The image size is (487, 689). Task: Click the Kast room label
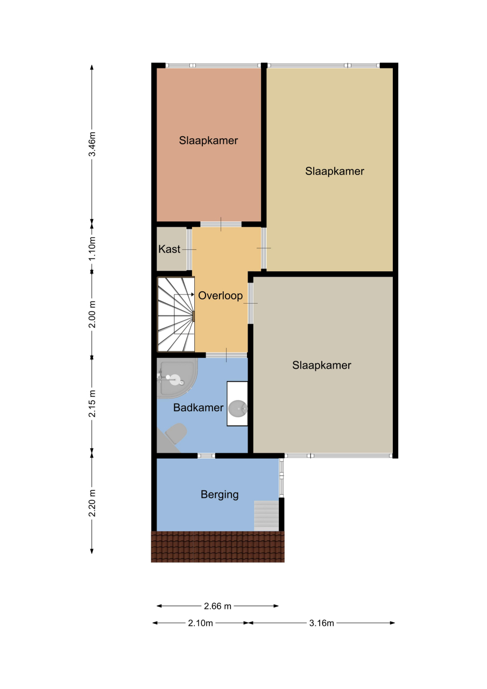(169, 249)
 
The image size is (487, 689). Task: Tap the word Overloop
(220, 296)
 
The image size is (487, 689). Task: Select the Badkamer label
(198, 407)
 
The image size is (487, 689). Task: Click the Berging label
(220, 495)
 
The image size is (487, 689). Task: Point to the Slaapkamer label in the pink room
(208, 140)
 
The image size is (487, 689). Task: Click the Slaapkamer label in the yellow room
(335, 171)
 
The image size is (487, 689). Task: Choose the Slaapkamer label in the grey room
(322, 365)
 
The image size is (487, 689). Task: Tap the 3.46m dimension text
(92, 144)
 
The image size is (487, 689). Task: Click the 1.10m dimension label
(92, 249)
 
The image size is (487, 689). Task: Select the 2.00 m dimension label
(92, 314)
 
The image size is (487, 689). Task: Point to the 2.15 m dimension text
(92, 403)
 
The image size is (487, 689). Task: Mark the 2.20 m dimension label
(92, 503)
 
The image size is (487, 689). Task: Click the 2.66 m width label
(217, 606)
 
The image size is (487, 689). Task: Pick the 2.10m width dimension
(201, 623)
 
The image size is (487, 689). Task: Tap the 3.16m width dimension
(321, 623)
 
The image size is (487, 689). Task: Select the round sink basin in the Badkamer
(238, 408)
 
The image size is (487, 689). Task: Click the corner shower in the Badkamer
(175, 378)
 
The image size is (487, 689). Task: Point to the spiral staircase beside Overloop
(176, 314)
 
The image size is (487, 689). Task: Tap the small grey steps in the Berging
(266, 515)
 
